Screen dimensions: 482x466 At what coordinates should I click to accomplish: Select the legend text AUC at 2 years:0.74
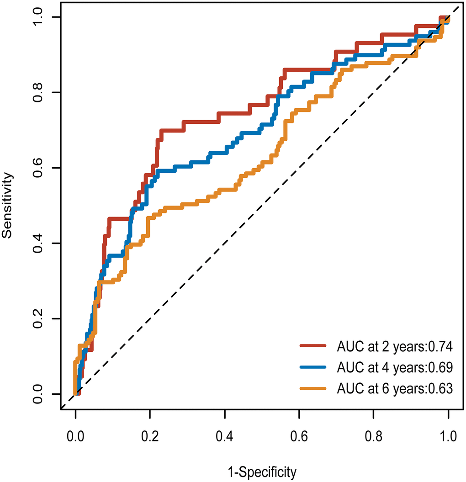[x=394, y=347]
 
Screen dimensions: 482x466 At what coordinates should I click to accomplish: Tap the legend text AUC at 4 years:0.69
[x=394, y=368]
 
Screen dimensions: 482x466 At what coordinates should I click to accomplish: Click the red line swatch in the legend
[x=312, y=347]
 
